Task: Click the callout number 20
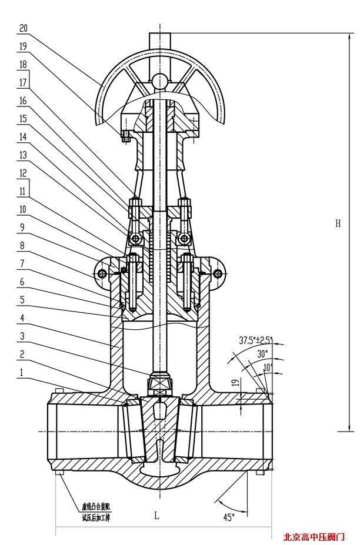(x=23, y=28)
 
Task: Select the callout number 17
(x=23, y=82)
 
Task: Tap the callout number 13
(x=23, y=155)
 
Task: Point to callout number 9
(x=22, y=227)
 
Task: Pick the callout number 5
(x=22, y=299)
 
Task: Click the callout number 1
(x=22, y=372)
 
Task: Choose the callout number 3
(x=22, y=336)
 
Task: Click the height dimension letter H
(x=338, y=223)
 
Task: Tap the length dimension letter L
(x=156, y=516)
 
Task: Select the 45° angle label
(x=228, y=517)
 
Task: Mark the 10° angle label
(x=268, y=367)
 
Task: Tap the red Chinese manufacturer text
(x=314, y=536)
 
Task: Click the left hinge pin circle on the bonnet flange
(x=104, y=273)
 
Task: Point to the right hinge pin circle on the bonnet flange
(x=218, y=273)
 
